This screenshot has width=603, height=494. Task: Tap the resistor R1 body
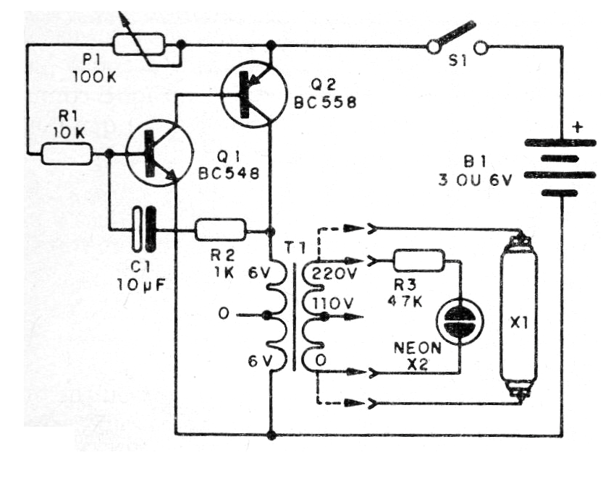point(66,153)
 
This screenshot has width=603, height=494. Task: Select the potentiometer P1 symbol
point(146,46)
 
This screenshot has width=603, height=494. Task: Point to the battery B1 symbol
point(558,167)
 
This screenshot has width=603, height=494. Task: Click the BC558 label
point(325,103)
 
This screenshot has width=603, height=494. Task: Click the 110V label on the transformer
point(330,302)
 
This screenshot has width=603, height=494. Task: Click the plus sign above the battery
point(577,127)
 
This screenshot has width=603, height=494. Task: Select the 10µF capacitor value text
point(140,283)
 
